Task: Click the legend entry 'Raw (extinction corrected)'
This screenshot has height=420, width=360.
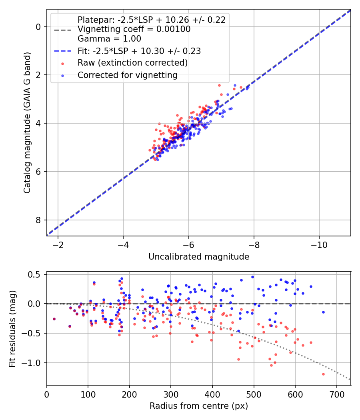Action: [x=132, y=63]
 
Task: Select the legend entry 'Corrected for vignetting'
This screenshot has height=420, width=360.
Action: [x=127, y=75]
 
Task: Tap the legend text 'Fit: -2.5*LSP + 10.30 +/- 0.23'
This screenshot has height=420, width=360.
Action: [x=139, y=51]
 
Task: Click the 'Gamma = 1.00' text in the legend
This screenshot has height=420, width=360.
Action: [x=109, y=39]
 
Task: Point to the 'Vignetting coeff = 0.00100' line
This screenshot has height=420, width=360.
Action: [x=134, y=29]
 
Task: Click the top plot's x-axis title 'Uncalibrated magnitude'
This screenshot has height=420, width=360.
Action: [x=199, y=257]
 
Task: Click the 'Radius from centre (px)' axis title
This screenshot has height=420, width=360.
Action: [x=199, y=406]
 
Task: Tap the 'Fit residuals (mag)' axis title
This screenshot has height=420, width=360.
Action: [x=13, y=328]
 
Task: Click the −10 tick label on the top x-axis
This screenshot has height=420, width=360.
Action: [x=318, y=244]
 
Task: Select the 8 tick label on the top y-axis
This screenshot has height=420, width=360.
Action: [x=38, y=220]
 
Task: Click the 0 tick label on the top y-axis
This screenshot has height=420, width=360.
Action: [x=38, y=27]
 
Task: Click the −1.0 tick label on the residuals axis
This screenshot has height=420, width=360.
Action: [x=33, y=363]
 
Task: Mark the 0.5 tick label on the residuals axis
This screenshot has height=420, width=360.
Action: [x=35, y=274]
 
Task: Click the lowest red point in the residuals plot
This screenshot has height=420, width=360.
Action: [x=323, y=374]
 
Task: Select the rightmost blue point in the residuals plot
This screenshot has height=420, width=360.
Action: [x=323, y=312]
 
